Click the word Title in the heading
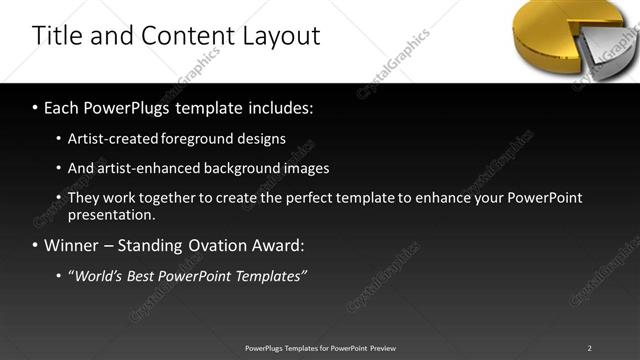coord(58,36)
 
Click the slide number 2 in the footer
coord(590,348)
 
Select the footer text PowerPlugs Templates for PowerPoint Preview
coord(320,348)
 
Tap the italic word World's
coord(99,276)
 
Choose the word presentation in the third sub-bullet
coord(111,214)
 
